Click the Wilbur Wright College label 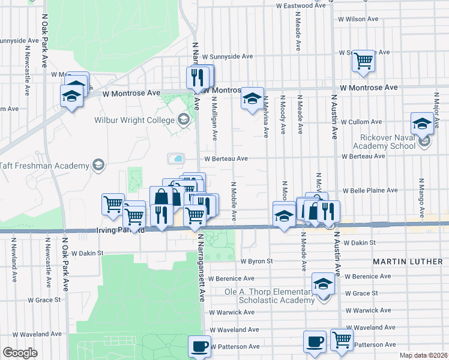point(134,120)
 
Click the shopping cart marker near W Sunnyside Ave point(364,61)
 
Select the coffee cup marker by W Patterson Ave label point(199,346)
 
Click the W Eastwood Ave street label point(301,5)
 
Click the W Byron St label point(257,262)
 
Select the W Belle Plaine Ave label point(370,190)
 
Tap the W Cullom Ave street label point(361,122)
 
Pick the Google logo point(20,353)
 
